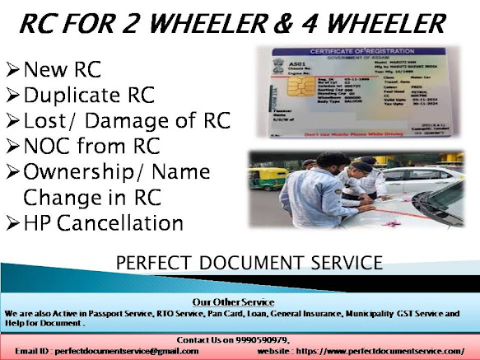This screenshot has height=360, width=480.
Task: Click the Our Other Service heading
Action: pos(240,302)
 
